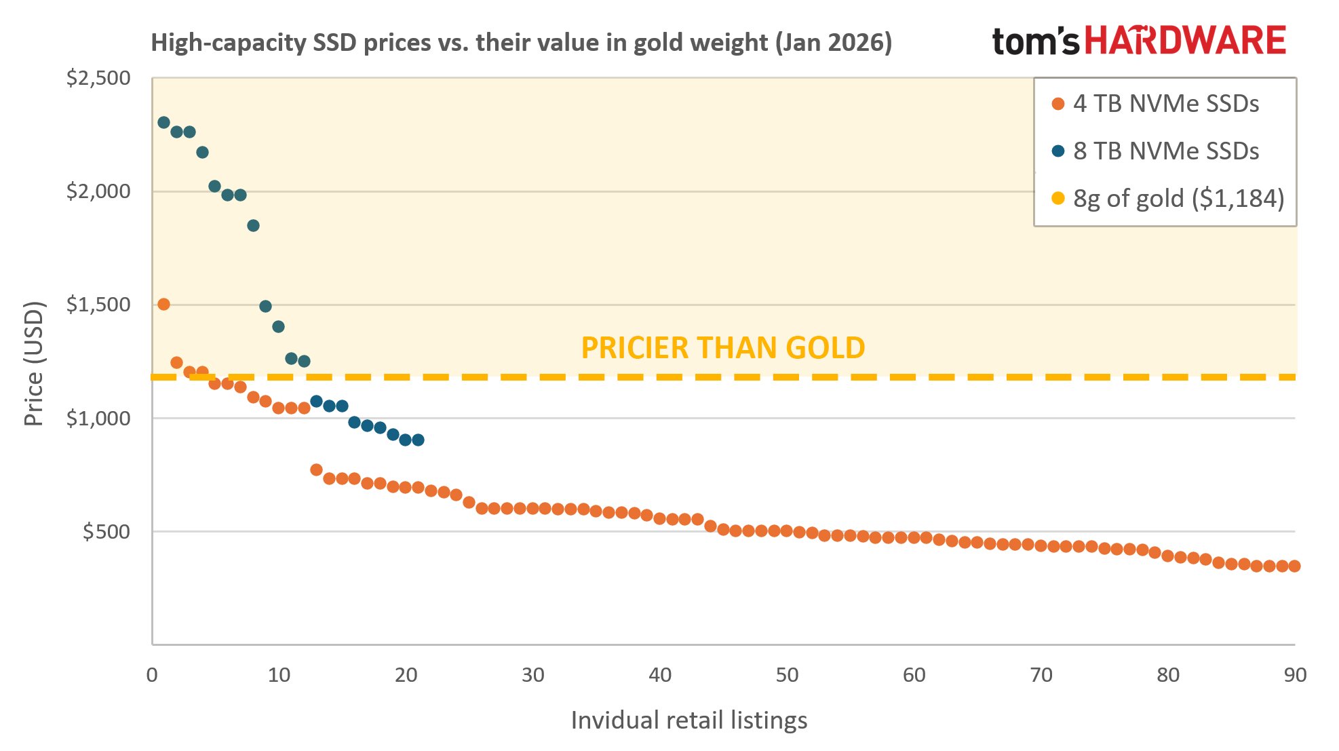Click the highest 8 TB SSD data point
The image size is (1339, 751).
point(163,122)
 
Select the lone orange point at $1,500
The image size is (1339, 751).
point(163,304)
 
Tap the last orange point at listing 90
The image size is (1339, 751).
point(1294,566)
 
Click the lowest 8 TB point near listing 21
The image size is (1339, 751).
point(418,440)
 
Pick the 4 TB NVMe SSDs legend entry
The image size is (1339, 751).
point(1165,104)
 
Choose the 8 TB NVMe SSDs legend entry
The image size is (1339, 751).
point(1165,151)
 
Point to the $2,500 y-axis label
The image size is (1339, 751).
point(98,78)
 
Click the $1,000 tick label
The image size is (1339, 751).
point(98,418)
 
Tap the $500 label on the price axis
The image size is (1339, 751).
point(106,531)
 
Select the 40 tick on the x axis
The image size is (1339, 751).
point(659,675)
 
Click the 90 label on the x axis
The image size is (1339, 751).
point(1294,675)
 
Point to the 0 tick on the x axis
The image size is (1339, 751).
point(152,675)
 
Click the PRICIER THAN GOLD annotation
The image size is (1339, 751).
point(722,348)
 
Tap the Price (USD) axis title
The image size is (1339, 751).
point(34,363)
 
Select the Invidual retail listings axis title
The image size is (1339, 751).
point(688,720)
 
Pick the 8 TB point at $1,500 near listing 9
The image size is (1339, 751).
point(265,306)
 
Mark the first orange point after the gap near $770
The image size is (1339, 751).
point(316,469)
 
